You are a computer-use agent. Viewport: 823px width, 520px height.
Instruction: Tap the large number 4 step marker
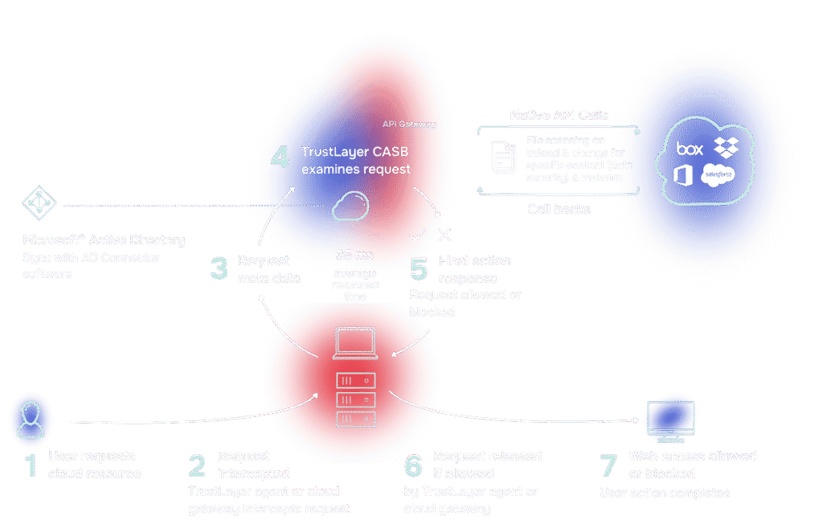280,158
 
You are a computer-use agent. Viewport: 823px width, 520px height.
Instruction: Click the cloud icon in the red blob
352,207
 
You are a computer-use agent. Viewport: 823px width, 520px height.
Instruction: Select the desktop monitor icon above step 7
670,419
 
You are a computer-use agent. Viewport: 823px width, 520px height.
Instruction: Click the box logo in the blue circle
690,149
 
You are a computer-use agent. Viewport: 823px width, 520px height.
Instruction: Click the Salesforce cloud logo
717,175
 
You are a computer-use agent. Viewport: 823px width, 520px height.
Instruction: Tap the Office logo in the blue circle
685,175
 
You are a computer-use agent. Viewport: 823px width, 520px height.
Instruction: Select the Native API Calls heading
559,115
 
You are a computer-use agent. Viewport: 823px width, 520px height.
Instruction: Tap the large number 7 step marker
610,465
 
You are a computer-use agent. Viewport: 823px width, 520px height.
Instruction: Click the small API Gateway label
410,125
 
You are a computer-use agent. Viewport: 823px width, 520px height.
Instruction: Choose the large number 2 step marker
198,465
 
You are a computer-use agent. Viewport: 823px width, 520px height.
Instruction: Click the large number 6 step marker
412,465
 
